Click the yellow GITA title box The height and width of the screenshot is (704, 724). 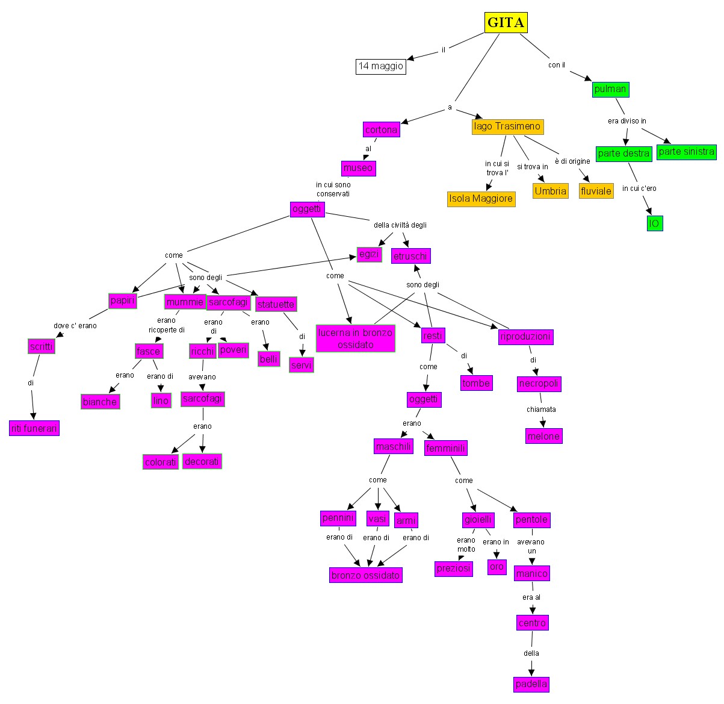(x=506, y=23)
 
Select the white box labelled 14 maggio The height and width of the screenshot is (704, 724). (x=380, y=66)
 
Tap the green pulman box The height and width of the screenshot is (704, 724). (x=610, y=89)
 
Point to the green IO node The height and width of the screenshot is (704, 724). (x=654, y=223)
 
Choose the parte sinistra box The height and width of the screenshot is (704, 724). (x=686, y=152)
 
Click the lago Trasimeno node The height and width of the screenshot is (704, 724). (x=507, y=126)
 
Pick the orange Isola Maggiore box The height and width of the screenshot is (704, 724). (x=481, y=199)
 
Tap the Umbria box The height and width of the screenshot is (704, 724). (x=550, y=191)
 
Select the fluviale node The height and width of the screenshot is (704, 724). (x=596, y=191)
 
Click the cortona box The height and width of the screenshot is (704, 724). (x=382, y=129)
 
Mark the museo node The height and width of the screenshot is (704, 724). (x=358, y=168)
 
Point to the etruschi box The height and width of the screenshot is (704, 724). (x=410, y=256)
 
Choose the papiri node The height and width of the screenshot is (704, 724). (x=123, y=300)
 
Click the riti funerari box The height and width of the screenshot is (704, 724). (x=34, y=428)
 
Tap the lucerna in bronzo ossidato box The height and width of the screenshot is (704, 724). (x=355, y=338)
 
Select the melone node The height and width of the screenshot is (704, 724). (x=543, y=436)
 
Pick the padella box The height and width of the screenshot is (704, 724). (x=531, y=684)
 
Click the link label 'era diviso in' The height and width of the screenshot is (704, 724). (x=627, y=121)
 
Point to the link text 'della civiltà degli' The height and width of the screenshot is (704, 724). (x=400, y=225)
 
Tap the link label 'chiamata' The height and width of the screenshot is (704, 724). (x=541, y=410)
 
